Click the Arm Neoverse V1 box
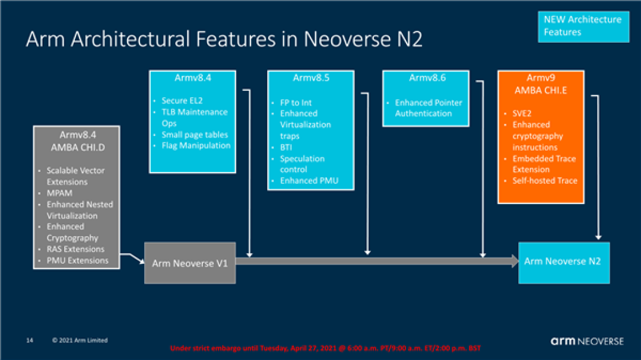point(190,263)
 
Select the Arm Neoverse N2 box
point(563,261)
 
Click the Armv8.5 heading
point(310,78)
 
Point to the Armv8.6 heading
point(427,78)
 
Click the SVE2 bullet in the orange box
point(523,113)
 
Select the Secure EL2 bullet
point(182,100)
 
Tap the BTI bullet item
point(286,147)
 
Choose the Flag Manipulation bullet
point(196,145)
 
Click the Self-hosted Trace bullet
point(545,180)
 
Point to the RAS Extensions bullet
point(75,249)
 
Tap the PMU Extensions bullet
point(77,260)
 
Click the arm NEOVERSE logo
point(587,341)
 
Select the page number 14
point(29,340)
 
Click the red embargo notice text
point(324,348)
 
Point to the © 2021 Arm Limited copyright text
point(80,340)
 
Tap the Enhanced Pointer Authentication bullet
point(428,108)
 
